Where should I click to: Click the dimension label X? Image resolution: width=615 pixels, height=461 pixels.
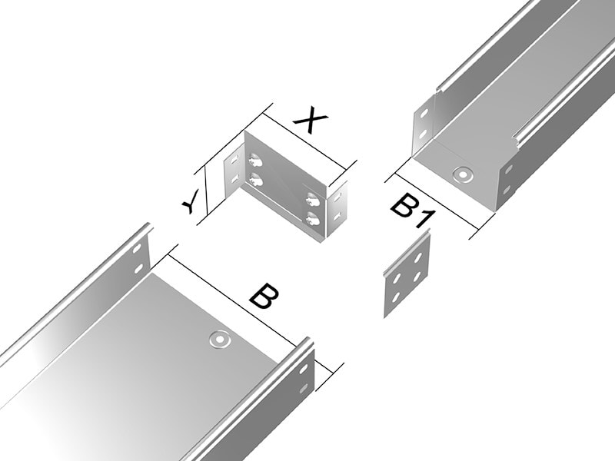311,121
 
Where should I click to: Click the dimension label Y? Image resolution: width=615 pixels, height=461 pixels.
191,201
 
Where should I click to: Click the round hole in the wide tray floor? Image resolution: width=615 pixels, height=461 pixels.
219,340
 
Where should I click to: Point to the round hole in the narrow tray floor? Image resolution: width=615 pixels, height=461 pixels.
463,174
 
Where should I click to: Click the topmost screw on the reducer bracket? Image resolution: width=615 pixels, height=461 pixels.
255,160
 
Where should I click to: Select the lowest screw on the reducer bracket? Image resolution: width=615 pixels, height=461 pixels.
313,218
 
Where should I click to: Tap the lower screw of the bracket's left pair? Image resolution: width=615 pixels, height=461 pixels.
255,179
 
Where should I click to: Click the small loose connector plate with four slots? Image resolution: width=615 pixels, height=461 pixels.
407,277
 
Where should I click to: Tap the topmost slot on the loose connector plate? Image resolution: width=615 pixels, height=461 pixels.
418,257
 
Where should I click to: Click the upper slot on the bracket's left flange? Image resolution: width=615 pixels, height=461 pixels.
234,160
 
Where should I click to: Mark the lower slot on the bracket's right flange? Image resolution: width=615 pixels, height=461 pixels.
337,215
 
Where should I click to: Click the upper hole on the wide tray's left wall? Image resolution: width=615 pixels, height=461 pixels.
137,248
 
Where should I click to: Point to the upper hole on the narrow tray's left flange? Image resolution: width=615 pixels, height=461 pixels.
424,114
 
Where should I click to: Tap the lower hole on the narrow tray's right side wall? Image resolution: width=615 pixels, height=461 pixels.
507,189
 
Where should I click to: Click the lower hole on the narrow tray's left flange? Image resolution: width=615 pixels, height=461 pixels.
423,134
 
